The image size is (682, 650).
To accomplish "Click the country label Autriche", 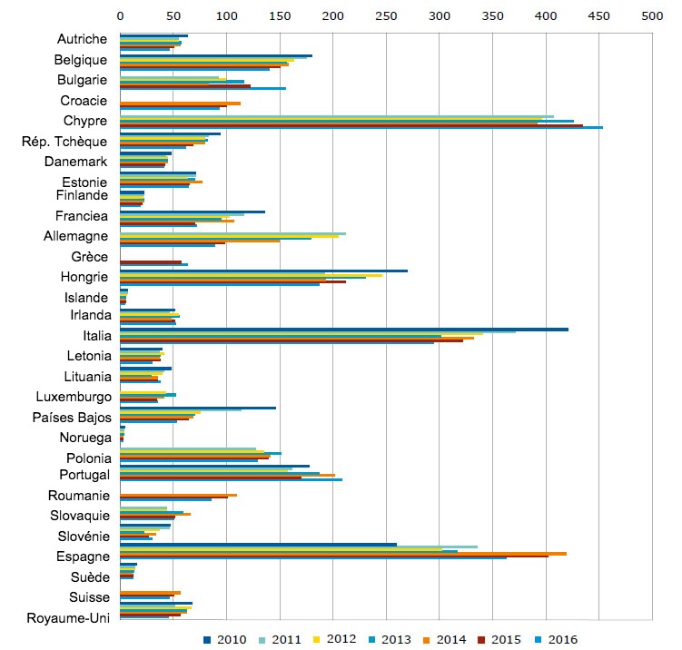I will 83,39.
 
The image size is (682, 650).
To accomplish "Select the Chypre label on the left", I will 86,121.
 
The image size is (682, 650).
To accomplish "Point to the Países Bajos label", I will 73,418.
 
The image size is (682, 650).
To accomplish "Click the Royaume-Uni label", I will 69,621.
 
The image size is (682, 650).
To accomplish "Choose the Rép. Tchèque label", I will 64,142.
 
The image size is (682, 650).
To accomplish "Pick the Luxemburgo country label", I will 74,397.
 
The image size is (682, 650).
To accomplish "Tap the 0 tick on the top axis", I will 120,15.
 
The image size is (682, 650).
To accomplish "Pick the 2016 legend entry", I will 556,639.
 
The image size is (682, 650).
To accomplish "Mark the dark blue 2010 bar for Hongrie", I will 263,271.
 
